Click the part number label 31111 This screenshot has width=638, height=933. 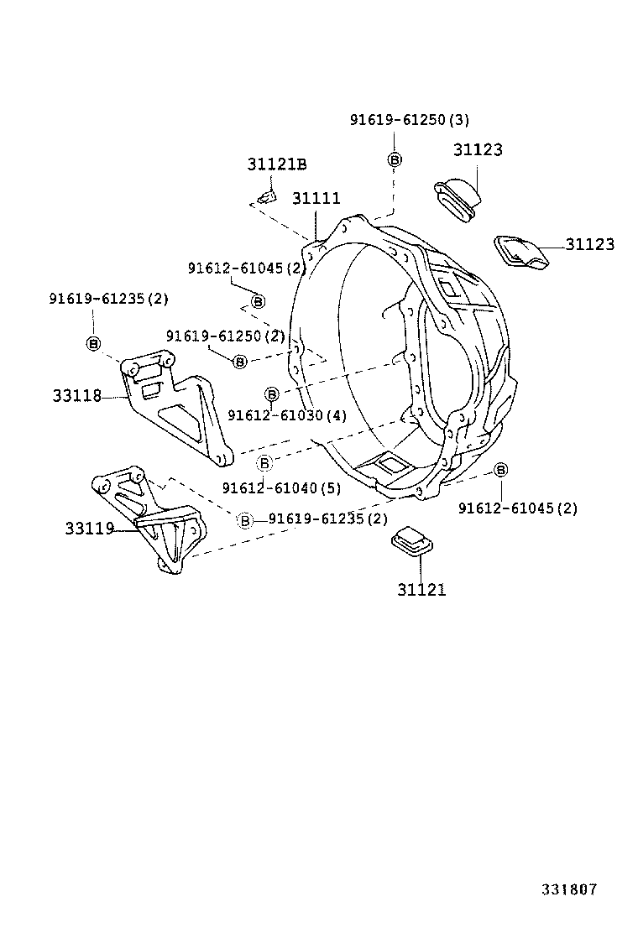(316, 199)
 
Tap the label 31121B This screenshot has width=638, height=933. (276, 164)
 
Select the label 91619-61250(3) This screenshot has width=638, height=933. (409, 120)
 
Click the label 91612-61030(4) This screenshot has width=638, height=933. (285, 414)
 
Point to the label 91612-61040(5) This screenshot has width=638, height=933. (281, 488)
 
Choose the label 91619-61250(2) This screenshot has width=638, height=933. (225, 336)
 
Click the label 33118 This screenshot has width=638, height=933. (76, 395)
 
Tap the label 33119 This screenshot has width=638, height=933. (89, 529)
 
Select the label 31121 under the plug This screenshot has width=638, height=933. (421, 590)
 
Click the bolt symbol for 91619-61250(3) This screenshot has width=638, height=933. (395, 159)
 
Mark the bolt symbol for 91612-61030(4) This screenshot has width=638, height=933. (271, 394)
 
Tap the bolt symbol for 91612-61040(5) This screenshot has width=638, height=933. (264, 462)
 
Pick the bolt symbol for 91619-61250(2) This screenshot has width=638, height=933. (240, 361)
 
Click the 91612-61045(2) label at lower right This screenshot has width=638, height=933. (517, 508)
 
